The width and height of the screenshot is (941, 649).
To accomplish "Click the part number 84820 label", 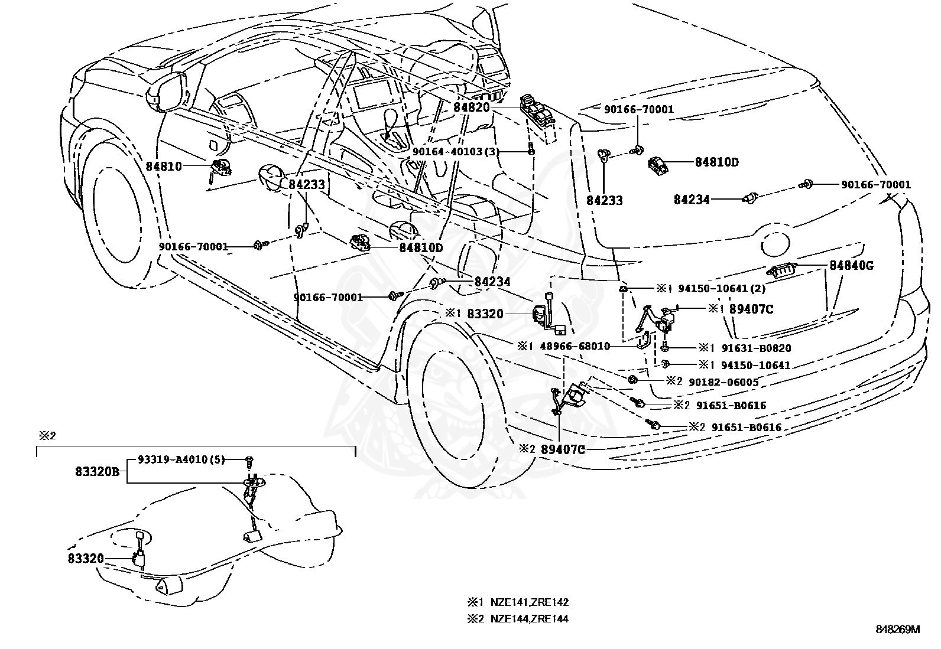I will tap(472, 107).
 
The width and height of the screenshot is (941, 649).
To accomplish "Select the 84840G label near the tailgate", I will tap(851, 265).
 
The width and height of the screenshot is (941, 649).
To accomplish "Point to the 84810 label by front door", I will tap(164, 167).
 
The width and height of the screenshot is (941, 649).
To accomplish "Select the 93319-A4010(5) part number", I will tap(181, 459).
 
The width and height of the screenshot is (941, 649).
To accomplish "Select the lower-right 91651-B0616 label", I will tap(746, 428).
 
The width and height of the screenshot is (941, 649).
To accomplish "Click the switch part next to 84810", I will tap(220, 168).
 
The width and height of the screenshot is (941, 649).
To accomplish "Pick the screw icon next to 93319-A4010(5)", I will tap(249, 459).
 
